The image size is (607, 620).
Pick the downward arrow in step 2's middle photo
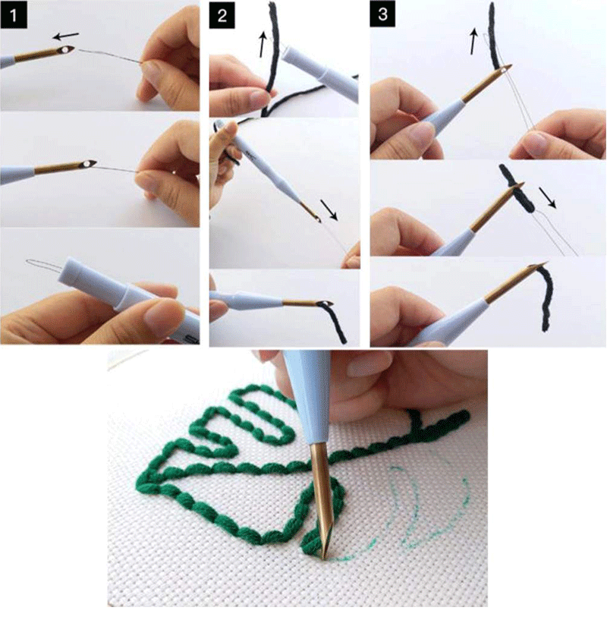tap(329, 206)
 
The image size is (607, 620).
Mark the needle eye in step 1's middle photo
tap(90, 163)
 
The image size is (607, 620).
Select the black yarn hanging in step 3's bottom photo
tap(546, 300)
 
